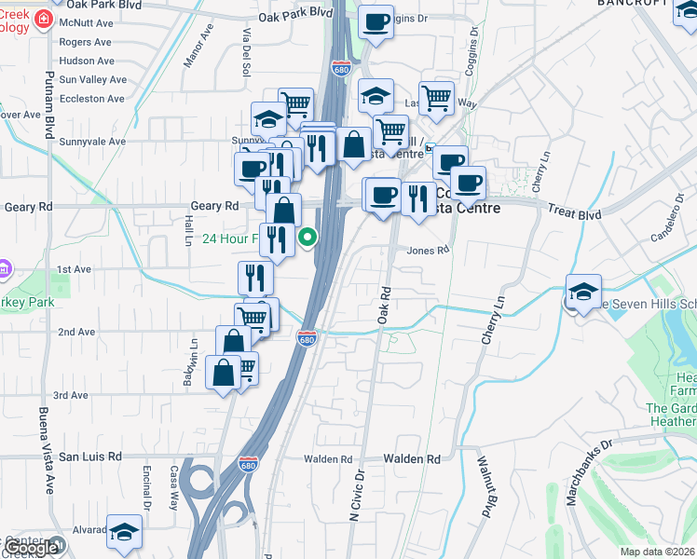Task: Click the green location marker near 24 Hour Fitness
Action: click(307, 239)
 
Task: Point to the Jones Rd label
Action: click(429, 250)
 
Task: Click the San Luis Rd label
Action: click(90, 457)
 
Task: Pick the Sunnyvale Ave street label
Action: click(92, 142)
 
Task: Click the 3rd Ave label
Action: click(71, 395)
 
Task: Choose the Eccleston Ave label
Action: click(91, 99)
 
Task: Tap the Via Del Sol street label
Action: click(248, 47)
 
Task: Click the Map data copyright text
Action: click(658, 552)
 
